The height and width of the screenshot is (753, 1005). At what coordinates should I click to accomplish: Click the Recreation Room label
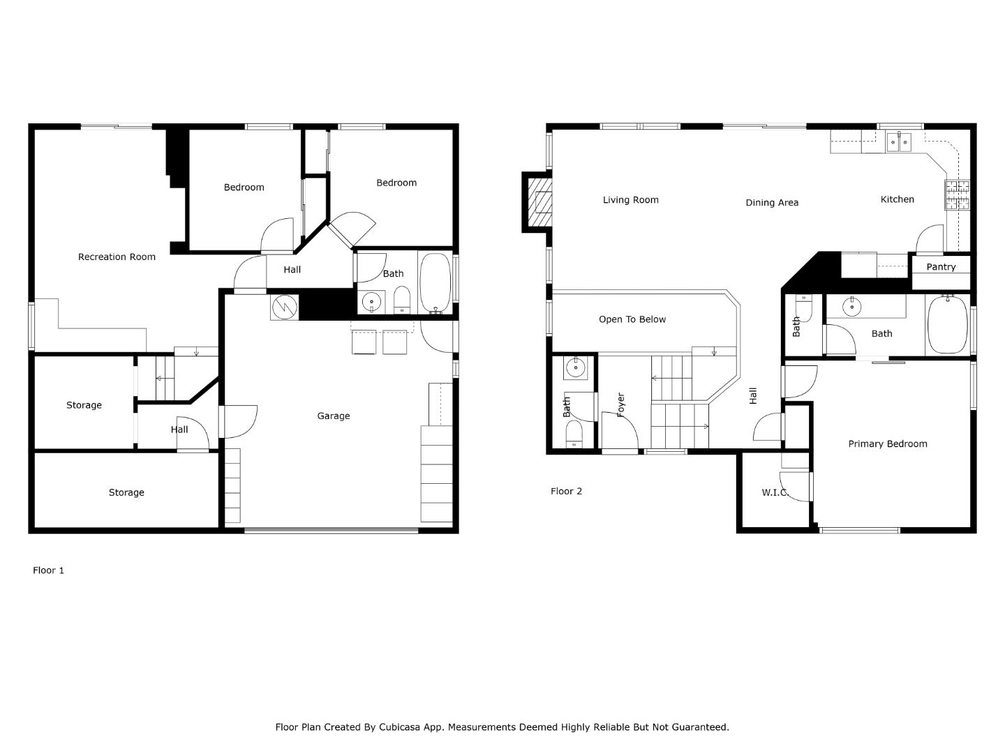[x=117, y=257]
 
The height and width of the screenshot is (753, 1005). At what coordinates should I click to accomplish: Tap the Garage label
[x=333, y=416]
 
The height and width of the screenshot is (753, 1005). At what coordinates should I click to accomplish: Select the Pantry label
[x=940, y=267]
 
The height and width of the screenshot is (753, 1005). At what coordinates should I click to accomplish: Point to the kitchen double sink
[x=898, y=142]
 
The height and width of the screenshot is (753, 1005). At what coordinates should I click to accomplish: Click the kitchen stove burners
[x=957, y=195]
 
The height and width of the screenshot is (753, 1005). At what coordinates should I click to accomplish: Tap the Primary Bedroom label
[x=887, y=443]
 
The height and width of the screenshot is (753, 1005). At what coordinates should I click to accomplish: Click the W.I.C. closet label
[x=775, y=492]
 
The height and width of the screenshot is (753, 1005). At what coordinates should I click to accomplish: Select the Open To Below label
[x=632, y=319]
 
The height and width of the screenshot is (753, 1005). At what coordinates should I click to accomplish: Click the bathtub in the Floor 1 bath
[x=436, y=282]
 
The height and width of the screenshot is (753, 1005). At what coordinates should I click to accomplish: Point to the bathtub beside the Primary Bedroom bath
[x=947, y=325]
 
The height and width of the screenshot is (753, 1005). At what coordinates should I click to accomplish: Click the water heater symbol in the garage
[x=284, y=307]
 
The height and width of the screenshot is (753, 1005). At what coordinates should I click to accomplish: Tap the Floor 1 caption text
[x=48, y=570]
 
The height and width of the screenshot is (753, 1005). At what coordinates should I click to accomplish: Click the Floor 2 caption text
[x=566, y=491]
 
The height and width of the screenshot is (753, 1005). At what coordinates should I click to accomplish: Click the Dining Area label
[x=771, y=202]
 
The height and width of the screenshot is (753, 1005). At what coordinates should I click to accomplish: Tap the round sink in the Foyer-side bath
[x=575, y=368]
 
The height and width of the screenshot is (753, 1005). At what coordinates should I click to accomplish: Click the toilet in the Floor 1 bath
[x=402, y=300]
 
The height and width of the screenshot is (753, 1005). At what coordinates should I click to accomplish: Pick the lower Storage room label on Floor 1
[x=126, y=492]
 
